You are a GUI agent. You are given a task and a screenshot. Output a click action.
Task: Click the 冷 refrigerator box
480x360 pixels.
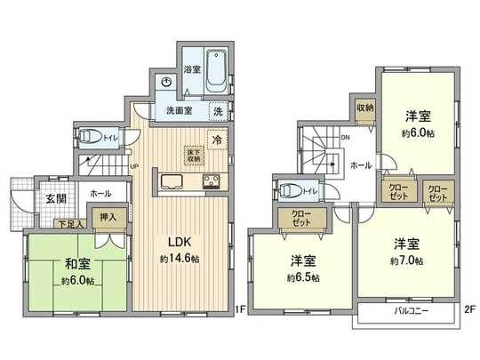click(x=217, y=140)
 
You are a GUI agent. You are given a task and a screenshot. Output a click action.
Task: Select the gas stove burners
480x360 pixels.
click(x=213, y=182)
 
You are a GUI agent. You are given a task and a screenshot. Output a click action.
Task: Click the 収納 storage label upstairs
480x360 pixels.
click(x=365, y=108)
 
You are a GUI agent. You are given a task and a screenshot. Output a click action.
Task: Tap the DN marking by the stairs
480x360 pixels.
click(x=346, y=139)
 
